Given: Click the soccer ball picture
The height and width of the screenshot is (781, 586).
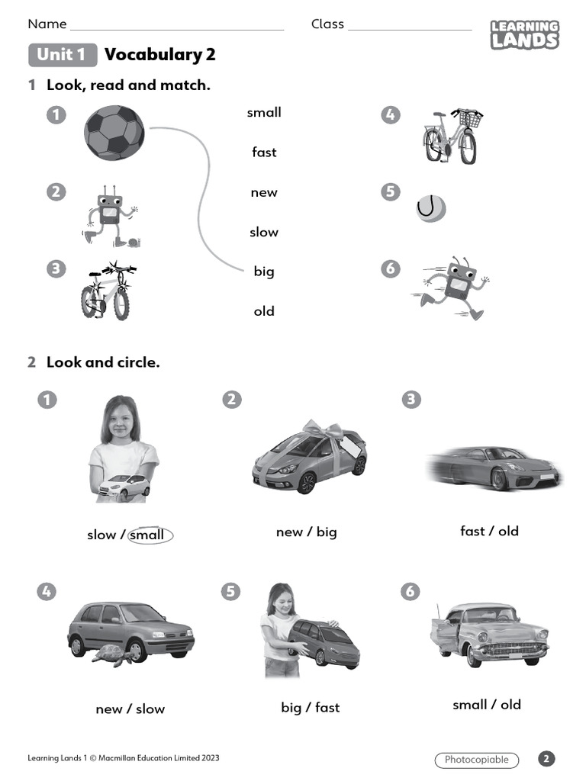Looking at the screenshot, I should pyautogui.click(x=114, y=133).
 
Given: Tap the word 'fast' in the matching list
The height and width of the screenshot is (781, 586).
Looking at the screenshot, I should pyautogui.click(x=264, y=153).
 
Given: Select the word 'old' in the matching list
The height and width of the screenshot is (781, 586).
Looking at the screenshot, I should pyautogui.click(x=264, y=311).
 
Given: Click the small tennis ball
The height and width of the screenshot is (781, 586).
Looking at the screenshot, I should pyautogui.click(x=431, y=208).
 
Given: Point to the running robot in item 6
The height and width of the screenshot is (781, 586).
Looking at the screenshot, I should pyautogui.click(x=456, y=288).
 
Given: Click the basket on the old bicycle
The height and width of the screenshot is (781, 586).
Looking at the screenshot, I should pyautogui.click(x=470, y=119).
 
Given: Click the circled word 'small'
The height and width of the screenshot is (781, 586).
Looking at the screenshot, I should pyautogui.click(x=150, y=535).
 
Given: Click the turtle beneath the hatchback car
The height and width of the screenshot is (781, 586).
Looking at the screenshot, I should pyautogui.click(x=113, y=654).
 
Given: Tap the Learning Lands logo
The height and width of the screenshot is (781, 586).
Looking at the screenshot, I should pyautogui.click(x=524, y=35).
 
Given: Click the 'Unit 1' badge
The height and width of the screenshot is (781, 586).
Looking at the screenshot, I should pyautogui.click(x=62, y=55).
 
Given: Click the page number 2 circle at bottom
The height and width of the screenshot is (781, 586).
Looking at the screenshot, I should pyautogui.click(x=546, y=758).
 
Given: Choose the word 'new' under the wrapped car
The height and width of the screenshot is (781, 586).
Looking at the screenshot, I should pyautogui.click(x=288, y=532).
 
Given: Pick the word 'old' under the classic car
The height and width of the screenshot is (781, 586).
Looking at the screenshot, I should pyautogui.click(x=510, y=705).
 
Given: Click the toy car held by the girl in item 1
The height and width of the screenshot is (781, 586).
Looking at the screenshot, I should pyautogui.click(x=124, y=487).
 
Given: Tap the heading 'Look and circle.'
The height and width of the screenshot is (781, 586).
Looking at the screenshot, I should pyautogui.click(x=103, y=362).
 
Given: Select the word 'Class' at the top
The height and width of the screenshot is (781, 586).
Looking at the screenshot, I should pyautogui.click(x=327, y=24).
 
